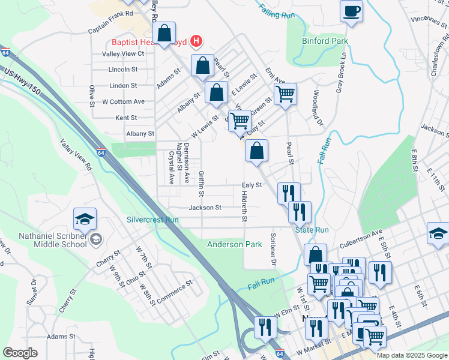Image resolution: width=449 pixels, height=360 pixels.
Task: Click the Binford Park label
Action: tap(326, 41)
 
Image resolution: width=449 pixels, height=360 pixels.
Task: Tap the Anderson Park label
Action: tap(235, 244)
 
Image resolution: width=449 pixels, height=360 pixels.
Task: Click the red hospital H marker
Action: tap(195, 41)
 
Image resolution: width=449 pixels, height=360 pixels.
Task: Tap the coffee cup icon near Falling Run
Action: tap(351, 10)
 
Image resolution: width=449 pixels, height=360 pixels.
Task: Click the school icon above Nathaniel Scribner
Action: tap(85, 219)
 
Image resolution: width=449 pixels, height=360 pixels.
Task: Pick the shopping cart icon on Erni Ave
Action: tap(285, 94)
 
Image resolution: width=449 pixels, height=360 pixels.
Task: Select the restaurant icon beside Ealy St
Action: tap(289, 193)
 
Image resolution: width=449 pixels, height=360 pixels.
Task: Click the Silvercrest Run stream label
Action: tap(152, 220)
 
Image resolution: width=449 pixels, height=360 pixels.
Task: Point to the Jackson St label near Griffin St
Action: tap(205, 208)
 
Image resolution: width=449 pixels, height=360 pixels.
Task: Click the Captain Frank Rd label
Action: tap(110, 30)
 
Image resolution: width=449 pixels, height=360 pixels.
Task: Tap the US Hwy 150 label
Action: tap(23, 79)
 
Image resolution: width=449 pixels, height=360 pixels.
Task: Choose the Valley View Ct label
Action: tap(123, 53)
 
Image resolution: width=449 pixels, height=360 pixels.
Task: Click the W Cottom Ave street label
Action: tap(123, 101)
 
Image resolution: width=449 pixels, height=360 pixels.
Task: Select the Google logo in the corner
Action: tap(20, 352)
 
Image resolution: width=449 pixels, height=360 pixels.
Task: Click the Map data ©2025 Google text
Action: tap(411, 355)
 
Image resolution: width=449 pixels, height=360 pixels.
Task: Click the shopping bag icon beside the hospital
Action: tap(164, 34)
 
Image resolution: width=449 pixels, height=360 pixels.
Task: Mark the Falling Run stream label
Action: tap(279, 11)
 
